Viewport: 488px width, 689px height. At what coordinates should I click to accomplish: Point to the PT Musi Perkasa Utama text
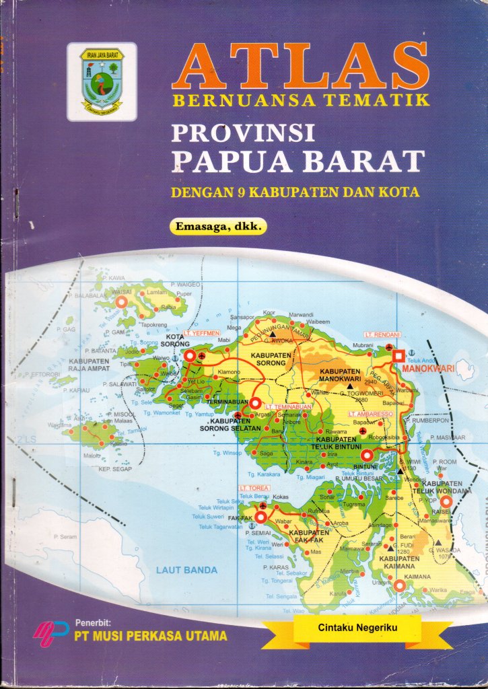coord(150,635)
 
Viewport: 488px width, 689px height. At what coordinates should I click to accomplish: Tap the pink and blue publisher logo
coord(50,632)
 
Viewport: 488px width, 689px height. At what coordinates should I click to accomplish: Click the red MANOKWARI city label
coord(428,369)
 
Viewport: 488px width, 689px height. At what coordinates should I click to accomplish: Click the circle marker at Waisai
coord(122,303)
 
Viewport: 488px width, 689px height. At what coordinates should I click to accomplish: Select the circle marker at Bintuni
coord(366,454)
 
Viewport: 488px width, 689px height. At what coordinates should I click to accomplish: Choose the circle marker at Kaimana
coord(399,586)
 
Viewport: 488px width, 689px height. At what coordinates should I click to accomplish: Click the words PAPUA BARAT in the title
coord(299,161)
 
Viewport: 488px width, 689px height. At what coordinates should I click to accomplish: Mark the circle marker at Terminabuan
coord(256,402)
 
